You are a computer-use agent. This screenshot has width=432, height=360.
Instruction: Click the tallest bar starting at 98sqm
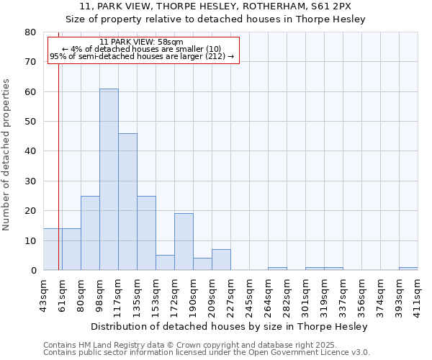[109, 179]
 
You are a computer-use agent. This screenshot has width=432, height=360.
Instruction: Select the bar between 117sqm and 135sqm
[127, 202]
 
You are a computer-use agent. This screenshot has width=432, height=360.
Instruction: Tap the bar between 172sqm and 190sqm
[184, 242]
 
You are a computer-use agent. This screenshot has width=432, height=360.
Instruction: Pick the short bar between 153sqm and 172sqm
[165, 263]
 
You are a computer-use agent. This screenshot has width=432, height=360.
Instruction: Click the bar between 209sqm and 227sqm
[221, 260]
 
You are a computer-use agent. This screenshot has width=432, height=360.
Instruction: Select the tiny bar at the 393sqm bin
[408, 269]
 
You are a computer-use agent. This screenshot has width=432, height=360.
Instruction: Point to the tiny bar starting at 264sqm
[277, 269]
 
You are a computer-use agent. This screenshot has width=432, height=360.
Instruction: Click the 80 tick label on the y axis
[30, 32]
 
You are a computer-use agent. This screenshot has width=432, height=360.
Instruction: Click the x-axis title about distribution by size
[230, 326]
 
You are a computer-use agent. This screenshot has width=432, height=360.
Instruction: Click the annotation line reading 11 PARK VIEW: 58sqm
[142, 42]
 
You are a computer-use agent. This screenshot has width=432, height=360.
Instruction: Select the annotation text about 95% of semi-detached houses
[142, 56]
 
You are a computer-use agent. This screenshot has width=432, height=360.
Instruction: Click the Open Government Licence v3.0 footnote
[207, 353]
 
